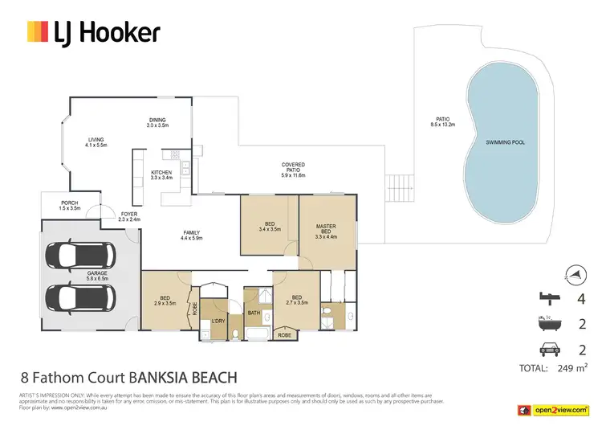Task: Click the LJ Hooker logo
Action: pos(94,32)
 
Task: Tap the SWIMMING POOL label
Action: pos(505,142)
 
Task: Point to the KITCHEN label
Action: pos(162,174)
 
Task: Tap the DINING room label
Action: pos(157,123)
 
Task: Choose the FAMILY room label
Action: pos(190,235)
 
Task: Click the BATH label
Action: pos(254,313)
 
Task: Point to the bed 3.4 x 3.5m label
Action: pos(270,227)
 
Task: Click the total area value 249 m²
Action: pos(572,369)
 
